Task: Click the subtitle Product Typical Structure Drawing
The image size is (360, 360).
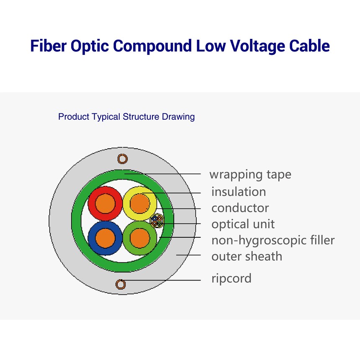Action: (x=126, y=116)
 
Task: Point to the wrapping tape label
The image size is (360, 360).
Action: (x=250, y=174)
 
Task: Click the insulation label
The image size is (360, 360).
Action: (x=238, y=192)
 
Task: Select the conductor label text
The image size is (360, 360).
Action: (x=240, y=208)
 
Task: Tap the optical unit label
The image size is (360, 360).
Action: (x=243, y=224)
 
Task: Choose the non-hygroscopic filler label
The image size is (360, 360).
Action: (x=273, y=240)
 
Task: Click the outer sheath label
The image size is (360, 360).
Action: (x=247, y=256)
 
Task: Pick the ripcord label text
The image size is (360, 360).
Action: (x=231, y=278)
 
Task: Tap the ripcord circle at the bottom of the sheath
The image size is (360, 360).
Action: (x=121, y=284)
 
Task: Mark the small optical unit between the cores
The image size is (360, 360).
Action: (x=157, y=221)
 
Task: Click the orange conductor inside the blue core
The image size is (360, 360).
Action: (x=105, y=238)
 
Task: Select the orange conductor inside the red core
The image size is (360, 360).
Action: (x=105, y=204)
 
